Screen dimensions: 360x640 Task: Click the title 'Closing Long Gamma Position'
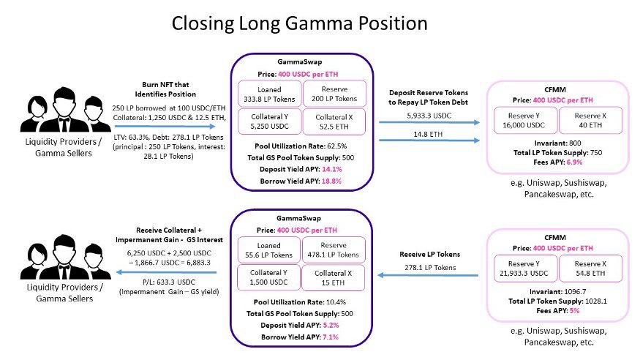[x=299, y=23]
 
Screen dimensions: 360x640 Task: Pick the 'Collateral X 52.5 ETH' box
[x=330, y=122]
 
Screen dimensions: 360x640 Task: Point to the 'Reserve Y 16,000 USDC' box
[x=524, y=120]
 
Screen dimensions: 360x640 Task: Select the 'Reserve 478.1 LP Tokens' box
[x=330, y=250]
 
